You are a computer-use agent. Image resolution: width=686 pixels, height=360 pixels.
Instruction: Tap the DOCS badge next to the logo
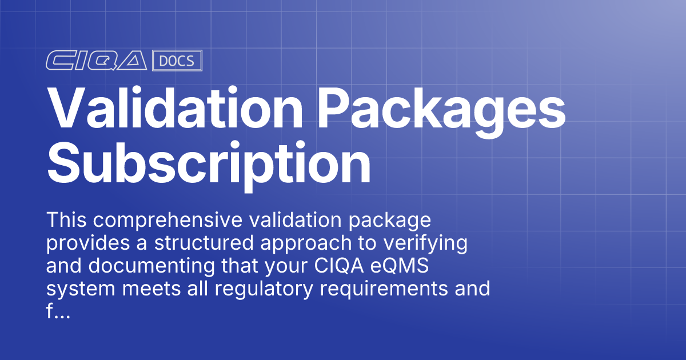[x=177, y=61]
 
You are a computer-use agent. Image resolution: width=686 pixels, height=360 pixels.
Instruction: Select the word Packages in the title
[x=441, y=109]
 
